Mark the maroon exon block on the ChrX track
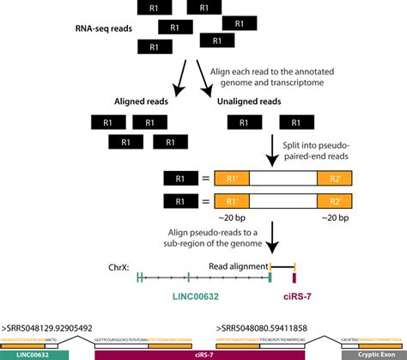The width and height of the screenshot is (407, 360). point(295,278)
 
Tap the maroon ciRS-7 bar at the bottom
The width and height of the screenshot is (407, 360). point(199,353)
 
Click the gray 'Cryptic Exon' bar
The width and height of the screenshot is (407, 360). point(373,353)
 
